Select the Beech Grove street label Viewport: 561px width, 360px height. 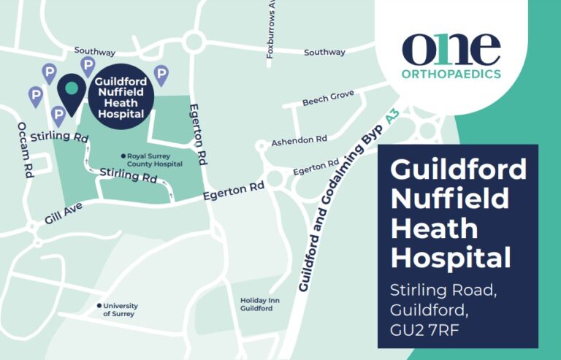(328, 98)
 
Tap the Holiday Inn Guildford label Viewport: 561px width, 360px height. (256, 305)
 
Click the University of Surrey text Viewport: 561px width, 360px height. (121, 310)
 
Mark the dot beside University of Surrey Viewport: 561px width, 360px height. (99, 306)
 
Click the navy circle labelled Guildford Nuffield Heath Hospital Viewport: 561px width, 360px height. (121, 97)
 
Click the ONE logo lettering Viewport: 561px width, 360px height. (451, 49)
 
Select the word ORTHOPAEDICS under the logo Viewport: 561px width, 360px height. (451, 74)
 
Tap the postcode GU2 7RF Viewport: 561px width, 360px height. (430, 329)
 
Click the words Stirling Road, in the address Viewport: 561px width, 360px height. (443, 290)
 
